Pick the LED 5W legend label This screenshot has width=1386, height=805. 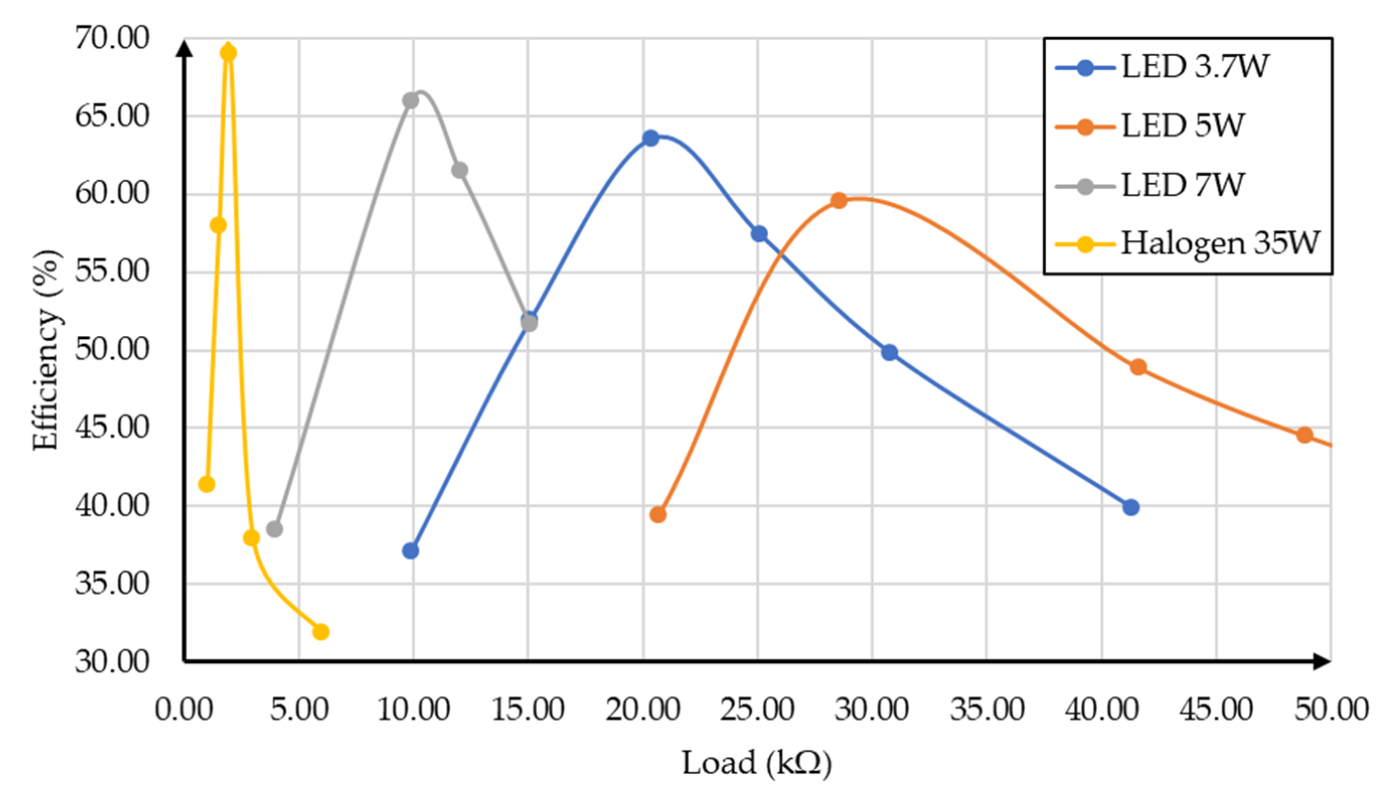point(1182,126)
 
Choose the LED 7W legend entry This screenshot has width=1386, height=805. point(1182,185)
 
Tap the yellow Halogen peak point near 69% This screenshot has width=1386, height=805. point(228,53)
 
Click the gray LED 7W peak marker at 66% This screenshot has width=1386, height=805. point(411,101)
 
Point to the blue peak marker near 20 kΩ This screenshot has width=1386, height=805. point(650,138)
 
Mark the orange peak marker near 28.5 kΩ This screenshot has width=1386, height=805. point(838,200)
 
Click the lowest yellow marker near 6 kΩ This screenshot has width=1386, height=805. point(320,632)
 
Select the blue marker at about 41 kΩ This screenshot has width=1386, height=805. point(1131,507)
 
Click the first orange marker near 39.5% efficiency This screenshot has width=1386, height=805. point(658,515)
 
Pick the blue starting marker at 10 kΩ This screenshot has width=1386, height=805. point(411,551)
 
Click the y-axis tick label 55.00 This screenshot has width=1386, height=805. point(112,271)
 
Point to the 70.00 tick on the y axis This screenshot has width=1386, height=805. point(112,39)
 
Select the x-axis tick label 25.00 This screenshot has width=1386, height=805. point(757,709)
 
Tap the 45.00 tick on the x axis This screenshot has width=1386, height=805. point(1216,709)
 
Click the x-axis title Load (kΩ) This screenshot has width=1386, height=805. point(757,764)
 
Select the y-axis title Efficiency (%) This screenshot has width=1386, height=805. point(46,350)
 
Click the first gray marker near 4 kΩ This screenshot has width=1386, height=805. point(275,529)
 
